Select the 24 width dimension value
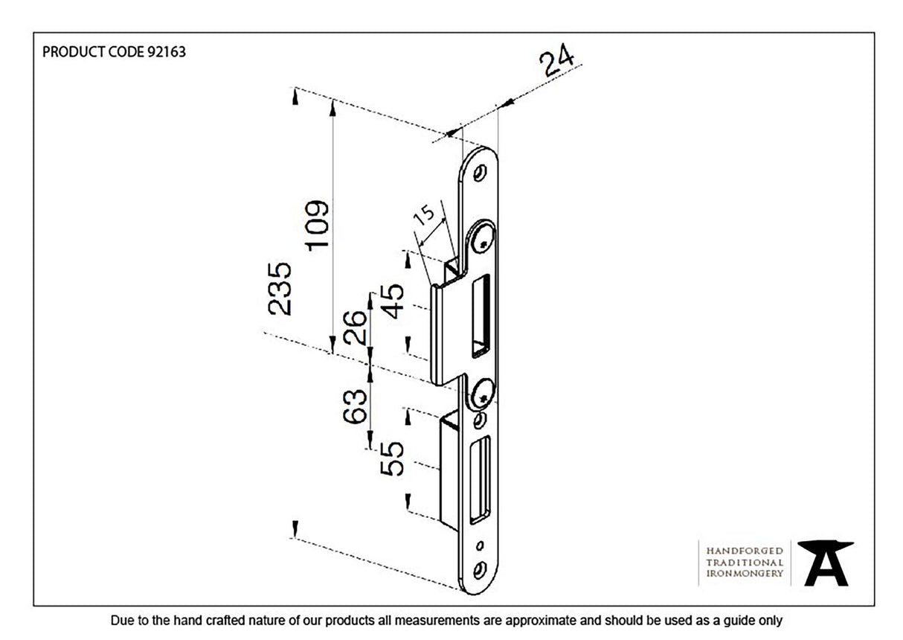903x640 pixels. pyautogui.click(x=557, y=63)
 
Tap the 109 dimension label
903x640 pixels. pyautogui.click(x=316, y=225)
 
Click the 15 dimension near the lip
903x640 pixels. pyautogui.click(x=424, y=217)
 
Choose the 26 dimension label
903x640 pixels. pyautogui.click(x=356, y=328)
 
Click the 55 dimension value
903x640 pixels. pyautogui.click(x=393, y=458)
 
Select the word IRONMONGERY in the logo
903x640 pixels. pyautogui.click(x=744, y=574)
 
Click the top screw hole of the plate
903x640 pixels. pyautogui.click(x=479, y=172)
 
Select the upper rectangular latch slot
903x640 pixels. pyautogui.click(x=481, y=313)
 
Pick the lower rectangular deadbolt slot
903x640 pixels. pyautogui.click(x=483, y=476)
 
